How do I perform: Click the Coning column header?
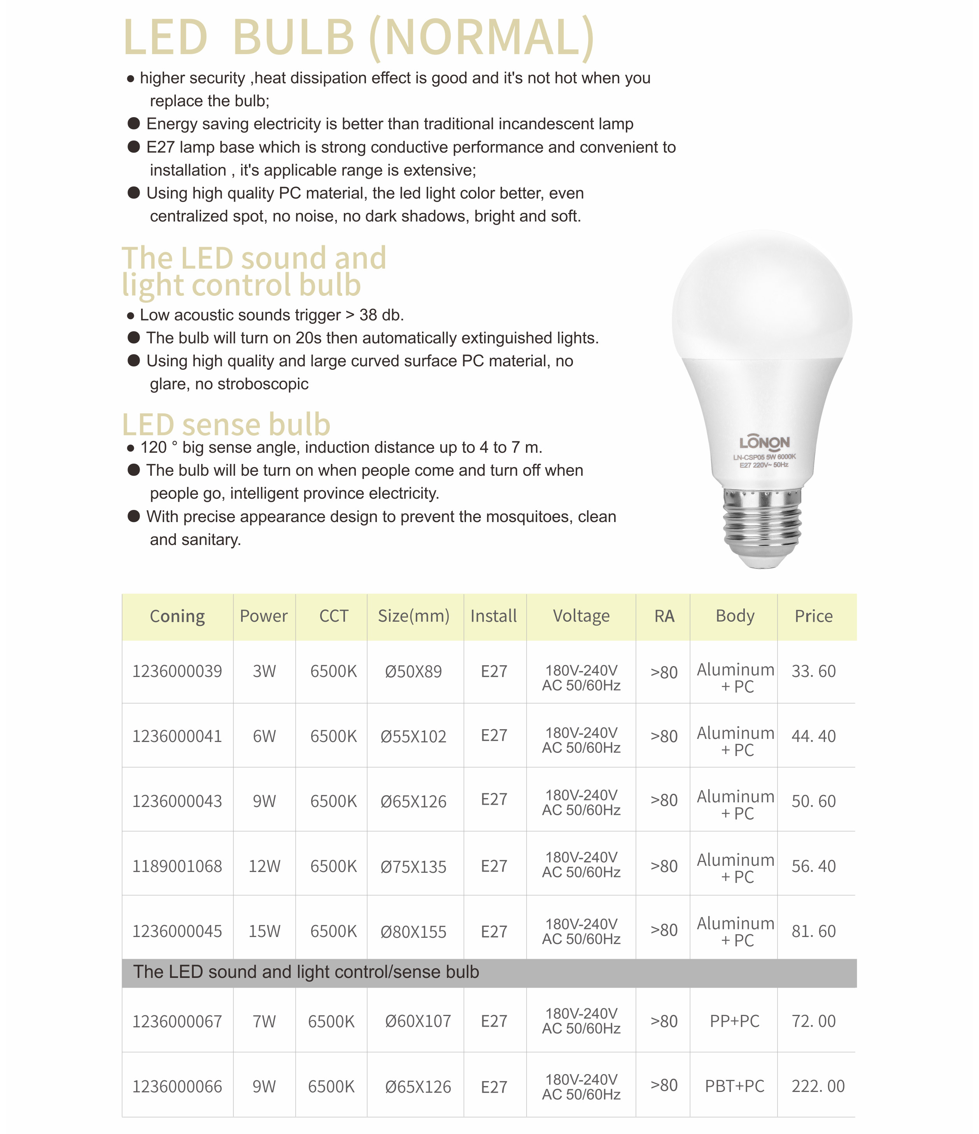177,616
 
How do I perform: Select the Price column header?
813,616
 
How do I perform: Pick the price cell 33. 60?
813,671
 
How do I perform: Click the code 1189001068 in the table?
177,867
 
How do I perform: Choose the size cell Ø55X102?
413,737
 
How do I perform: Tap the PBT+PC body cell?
734,1087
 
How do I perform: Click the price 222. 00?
818,1087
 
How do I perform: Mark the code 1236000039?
177,672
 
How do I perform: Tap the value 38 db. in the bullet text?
381,315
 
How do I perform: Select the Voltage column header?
581,616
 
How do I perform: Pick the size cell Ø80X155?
413,932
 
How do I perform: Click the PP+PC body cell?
734,1021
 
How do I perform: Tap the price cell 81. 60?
813,932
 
